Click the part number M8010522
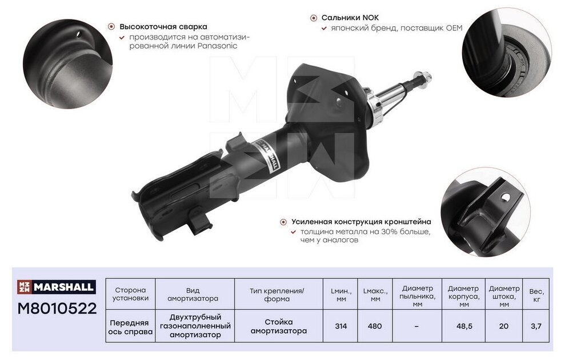tap(57, 308)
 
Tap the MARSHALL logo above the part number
tap(57, 287)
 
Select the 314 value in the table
tap(341, 326)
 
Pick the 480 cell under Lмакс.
tap(375, 326)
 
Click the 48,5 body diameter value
tap(464, 326)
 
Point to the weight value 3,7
tap(536, 326)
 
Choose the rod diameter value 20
tap(504, 326)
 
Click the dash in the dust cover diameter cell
tap(416, 326)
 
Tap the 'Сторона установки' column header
tap(130, 294)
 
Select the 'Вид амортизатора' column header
tap(193, 294)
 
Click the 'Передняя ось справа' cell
tap(130, 327)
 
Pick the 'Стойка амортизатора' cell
tap(279, 326)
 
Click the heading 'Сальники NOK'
tap(350, 18)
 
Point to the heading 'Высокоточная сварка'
tap(163, 26)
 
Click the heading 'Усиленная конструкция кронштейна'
tap(361, 222)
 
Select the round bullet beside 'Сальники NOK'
tap(314, 18)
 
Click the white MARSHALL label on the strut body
tap(268, 155)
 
